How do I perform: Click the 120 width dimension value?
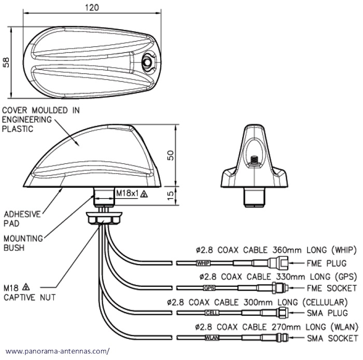(x=92, y=8)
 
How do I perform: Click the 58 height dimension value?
(x=7, y=62)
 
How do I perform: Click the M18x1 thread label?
(x=127, y=193)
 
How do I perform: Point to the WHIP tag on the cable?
(x=204, y=264)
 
